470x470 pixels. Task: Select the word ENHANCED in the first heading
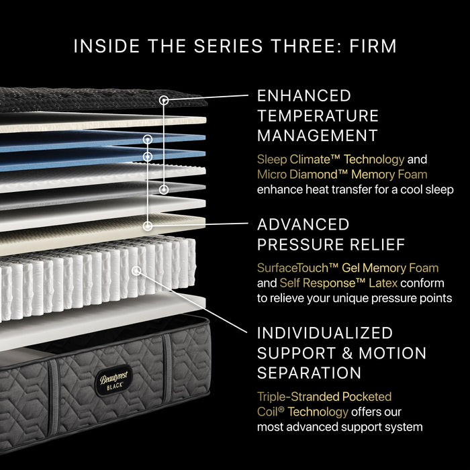coord(304,95)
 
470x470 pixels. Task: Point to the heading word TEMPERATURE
coord(318,115)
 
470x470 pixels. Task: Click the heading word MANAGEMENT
coord(317,136)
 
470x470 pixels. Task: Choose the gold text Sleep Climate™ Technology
coord(330,160)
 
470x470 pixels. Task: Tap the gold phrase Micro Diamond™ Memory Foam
coord(342,175)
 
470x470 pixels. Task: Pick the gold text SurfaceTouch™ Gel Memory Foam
coord(348,268)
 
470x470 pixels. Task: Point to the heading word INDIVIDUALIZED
coord(325,333)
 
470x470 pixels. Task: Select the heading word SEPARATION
coord(310,373)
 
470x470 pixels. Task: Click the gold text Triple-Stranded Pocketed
coord(324,397)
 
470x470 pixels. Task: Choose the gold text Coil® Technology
coord(303,412)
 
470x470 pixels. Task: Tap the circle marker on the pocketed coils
coord(137,271)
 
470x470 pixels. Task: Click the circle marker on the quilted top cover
coord(163,100)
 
